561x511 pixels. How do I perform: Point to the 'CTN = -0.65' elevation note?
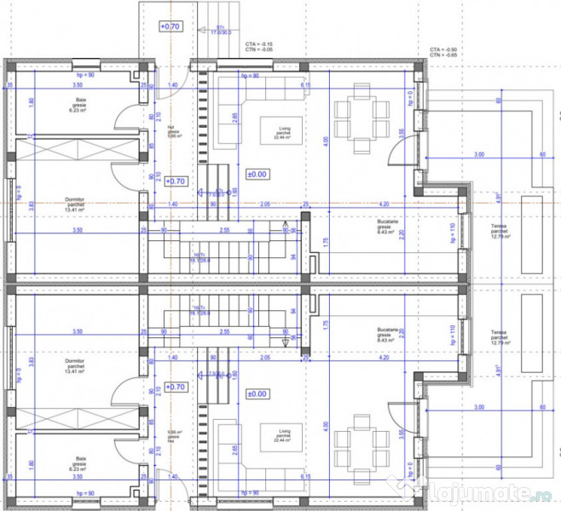443,55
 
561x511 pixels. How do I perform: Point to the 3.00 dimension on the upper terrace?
479,154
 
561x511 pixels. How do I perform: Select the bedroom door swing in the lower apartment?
130,385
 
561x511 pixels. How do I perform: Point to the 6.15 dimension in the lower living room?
305,478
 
